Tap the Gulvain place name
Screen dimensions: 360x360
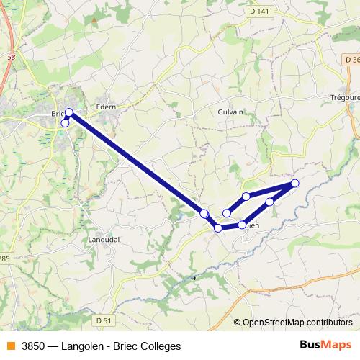coord(230,112)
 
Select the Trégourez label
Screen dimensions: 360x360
coord(344,98)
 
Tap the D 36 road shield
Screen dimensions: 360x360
coord(351,59)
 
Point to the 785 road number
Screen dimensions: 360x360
coord(4,257)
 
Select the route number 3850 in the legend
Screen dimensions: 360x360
coord(33,346)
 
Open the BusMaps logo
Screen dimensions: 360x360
coord(327,345)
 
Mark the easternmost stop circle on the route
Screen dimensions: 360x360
coord(294,184)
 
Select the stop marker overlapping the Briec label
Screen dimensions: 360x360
coord(69,112)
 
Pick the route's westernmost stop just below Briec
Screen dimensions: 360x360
coord(65,123)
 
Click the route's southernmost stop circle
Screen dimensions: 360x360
coord(218,228)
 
